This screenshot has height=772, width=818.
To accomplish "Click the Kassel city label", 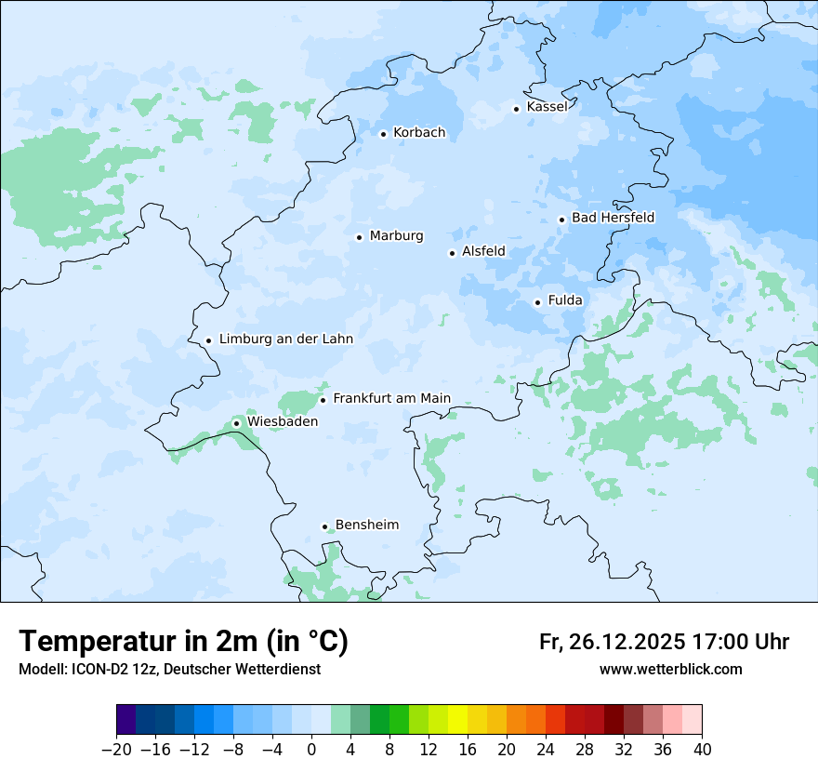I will point(547,107).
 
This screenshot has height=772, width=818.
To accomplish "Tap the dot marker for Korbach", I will point(383,134).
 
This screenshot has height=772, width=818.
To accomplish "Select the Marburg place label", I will point(396,236).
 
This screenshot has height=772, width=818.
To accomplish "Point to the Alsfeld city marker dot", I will point(452,253).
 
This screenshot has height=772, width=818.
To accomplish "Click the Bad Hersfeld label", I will point(613,218).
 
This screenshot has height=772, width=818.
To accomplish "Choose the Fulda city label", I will point(565,300).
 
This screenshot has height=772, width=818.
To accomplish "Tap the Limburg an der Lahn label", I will point(285,339).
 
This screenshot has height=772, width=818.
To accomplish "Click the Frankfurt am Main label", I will point(391,399).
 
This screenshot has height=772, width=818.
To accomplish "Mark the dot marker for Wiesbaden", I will point(236,423).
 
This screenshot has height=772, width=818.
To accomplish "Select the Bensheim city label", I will point(366,526).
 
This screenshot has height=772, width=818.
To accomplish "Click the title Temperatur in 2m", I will point(183,642).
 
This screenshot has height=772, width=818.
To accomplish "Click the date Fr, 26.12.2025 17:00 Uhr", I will point(664,642).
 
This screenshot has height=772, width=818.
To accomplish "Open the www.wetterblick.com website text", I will point(670,670).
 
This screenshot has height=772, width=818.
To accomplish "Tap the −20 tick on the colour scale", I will point(116,750).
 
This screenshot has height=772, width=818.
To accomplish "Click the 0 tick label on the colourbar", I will point(311,750).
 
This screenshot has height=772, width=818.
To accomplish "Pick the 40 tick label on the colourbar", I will point(702,750).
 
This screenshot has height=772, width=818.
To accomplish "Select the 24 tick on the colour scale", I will point(546,750).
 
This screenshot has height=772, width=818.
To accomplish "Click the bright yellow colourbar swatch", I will point(457,720).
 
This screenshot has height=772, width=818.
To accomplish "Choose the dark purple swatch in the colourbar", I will point(126,720).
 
